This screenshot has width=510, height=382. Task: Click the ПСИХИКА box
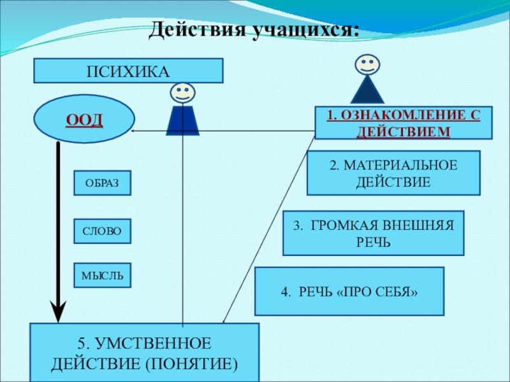click(129, 71)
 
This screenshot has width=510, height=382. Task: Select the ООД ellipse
click(84, 119)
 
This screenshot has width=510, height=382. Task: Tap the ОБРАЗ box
click(103, 183)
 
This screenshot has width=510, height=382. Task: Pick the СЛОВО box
click(103, 231)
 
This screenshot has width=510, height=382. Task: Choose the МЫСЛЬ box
click(103, 276)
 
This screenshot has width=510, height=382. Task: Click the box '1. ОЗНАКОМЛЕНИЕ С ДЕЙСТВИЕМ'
click(404, 123)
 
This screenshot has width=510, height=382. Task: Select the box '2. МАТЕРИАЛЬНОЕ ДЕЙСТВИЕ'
click(393, 173)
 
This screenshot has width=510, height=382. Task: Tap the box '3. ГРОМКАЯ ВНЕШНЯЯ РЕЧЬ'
click(374, 233)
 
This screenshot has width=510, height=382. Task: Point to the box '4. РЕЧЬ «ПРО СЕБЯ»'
click(349, 292)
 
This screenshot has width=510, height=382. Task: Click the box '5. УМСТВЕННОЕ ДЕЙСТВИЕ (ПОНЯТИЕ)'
click(145, 353)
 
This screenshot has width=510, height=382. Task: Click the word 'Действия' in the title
click(198, 30)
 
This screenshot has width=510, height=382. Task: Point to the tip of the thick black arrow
click(58, 322)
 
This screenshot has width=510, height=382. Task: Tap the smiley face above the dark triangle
click(367, 64)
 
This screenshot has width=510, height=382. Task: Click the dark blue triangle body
click(367, 91)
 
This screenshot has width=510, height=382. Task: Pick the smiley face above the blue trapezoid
click(182, 93)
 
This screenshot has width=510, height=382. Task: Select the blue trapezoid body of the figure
click(182, 120)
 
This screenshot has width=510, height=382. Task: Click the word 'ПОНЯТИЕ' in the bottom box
click(192, 364)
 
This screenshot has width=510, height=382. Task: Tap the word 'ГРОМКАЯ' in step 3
click(340, 225)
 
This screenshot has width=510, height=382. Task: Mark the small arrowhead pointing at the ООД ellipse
click(133, 131)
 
